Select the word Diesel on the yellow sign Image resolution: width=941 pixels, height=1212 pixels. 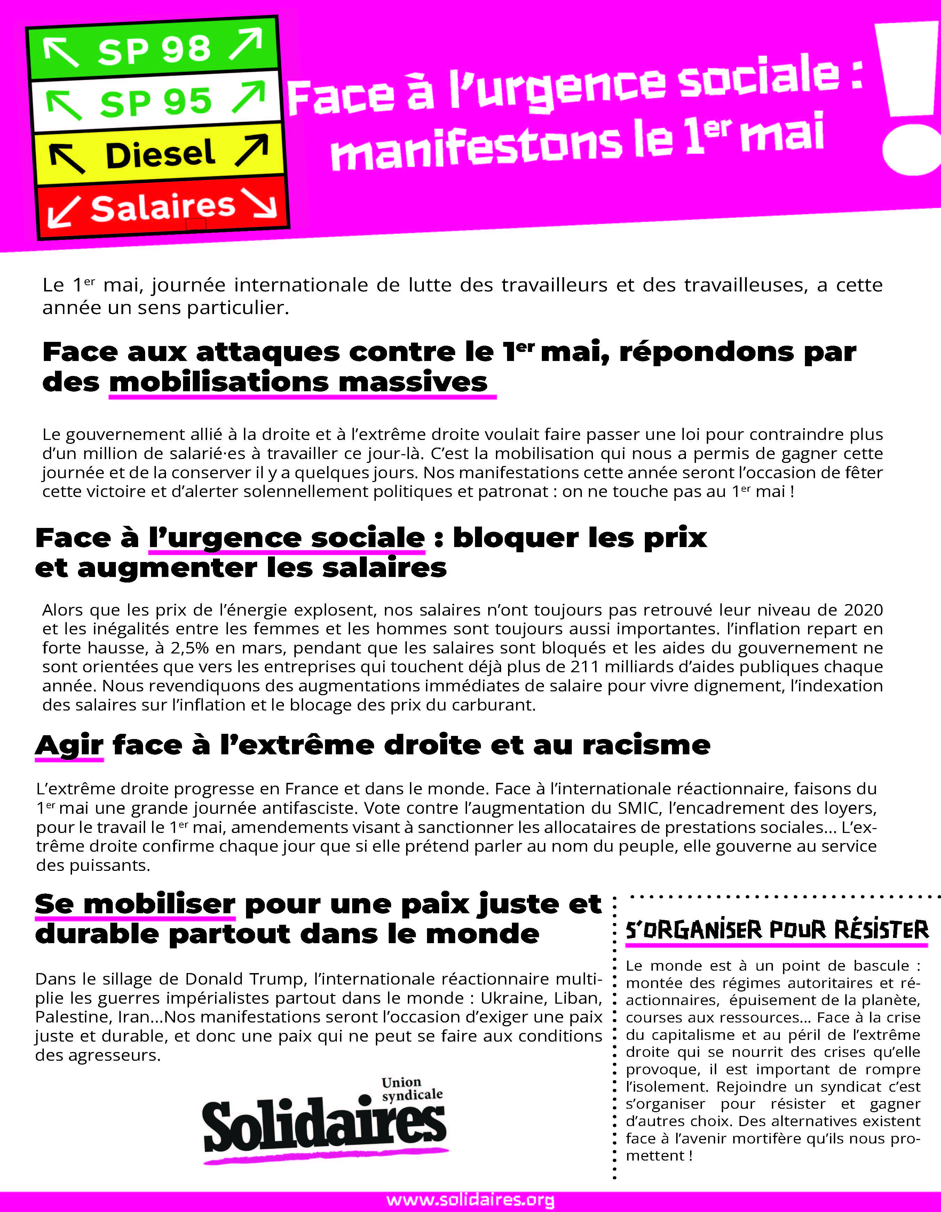click(x=160, y=155)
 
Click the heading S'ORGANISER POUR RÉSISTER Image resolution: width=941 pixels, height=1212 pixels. click(x=777, y=930)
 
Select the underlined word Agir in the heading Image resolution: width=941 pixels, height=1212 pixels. click(x=69, y=745)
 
